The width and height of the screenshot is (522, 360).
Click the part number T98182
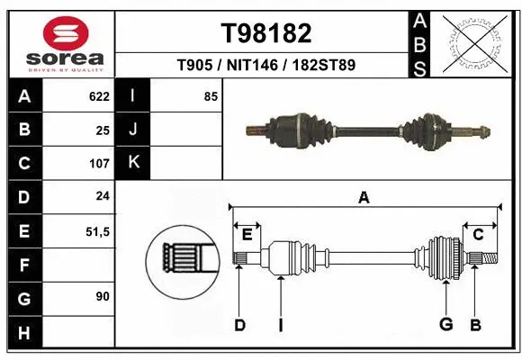[x=266, y=33]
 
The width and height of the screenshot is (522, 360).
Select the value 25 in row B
[x=103, y=130]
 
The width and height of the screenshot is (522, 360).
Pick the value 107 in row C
[x=98, y=164]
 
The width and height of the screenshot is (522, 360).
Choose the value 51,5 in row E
[x=96, y=231]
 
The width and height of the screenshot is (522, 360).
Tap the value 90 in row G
[x=103, y=296]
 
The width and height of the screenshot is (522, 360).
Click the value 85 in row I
[x=211, y=96]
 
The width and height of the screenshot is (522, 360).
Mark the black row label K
[x=133, y=163]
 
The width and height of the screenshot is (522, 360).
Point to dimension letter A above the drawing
[x=364, y=198]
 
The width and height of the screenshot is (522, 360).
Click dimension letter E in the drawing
[x=247, y=235]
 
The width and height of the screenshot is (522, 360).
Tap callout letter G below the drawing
[x=445, y=325]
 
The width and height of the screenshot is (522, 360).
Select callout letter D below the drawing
[x=239, y=325]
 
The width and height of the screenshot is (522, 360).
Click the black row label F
[x=23, y=265]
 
